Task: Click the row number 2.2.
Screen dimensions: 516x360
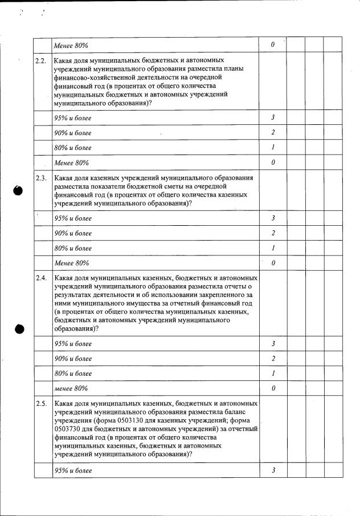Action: [x=40, y=60]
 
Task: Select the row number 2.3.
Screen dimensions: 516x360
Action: [x=40, y=178]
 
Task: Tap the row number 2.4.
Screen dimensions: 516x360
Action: [x=40, y=278]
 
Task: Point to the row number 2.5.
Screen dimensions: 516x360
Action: [x=40, y=404]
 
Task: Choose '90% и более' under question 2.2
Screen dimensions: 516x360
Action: [x=72, y=133]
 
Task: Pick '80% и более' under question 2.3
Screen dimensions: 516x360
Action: [x=72, y=249]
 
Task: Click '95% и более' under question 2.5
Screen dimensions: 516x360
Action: [x=72, y=471]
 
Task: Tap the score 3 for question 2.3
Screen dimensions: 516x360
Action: [x=273, y=218]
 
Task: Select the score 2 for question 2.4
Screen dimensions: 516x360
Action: [x=273, y=359]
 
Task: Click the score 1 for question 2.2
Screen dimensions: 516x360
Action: [x=273, y=148]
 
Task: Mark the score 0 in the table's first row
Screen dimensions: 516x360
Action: [x=273, y=44]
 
